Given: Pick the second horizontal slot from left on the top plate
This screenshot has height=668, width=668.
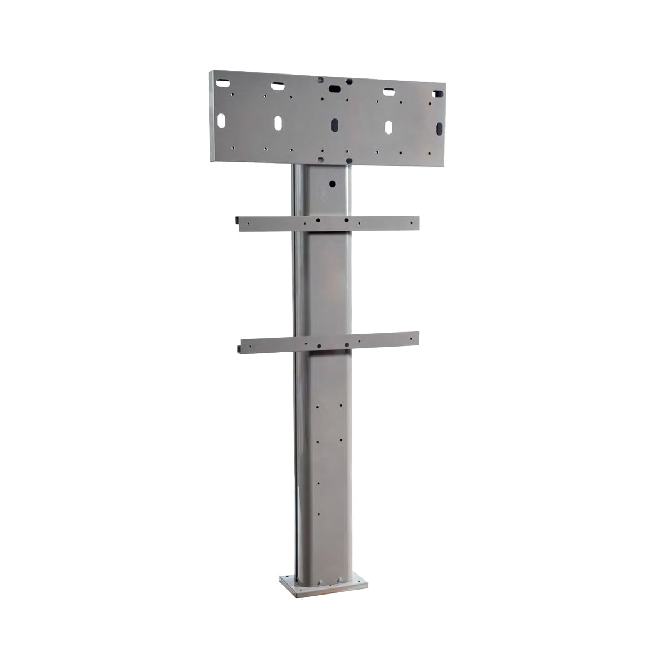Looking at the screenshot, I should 276,86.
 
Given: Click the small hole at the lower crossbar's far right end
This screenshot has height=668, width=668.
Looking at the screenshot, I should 412,335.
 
